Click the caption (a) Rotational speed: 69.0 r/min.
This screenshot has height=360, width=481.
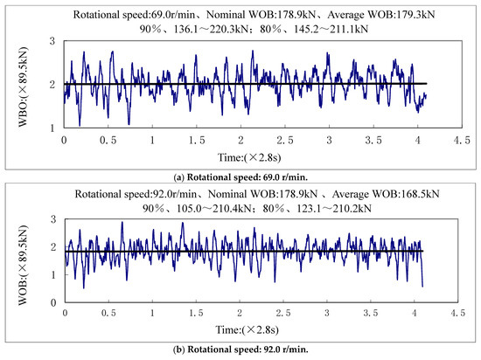pos(240,175)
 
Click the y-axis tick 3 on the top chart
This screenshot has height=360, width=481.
pos(54,41)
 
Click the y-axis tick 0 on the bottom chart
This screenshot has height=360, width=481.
pos(54,302)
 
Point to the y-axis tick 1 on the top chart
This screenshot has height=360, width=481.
pos(54,127)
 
